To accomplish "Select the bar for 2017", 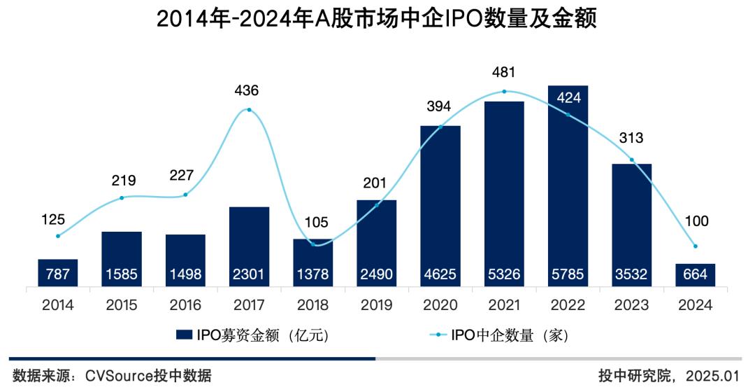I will (x=249, y=245).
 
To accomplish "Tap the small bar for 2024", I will (x=695, y=274).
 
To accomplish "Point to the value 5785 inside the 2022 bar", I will (x=568, y=274).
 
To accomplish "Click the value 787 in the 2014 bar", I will (x=58, y=274).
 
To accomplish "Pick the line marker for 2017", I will (x=249, y=110).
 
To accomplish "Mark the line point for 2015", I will (x=122, y=197).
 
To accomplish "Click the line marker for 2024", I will (x=695, y=246).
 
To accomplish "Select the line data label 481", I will (x=503, y=72).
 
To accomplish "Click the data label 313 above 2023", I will (x=631, y=138).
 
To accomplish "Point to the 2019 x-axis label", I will (x=376, y=305).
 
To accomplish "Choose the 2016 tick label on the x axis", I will (x=185, y=305).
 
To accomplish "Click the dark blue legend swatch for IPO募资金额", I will (x=185, y=336).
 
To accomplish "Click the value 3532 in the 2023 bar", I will (x=631, y=274).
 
